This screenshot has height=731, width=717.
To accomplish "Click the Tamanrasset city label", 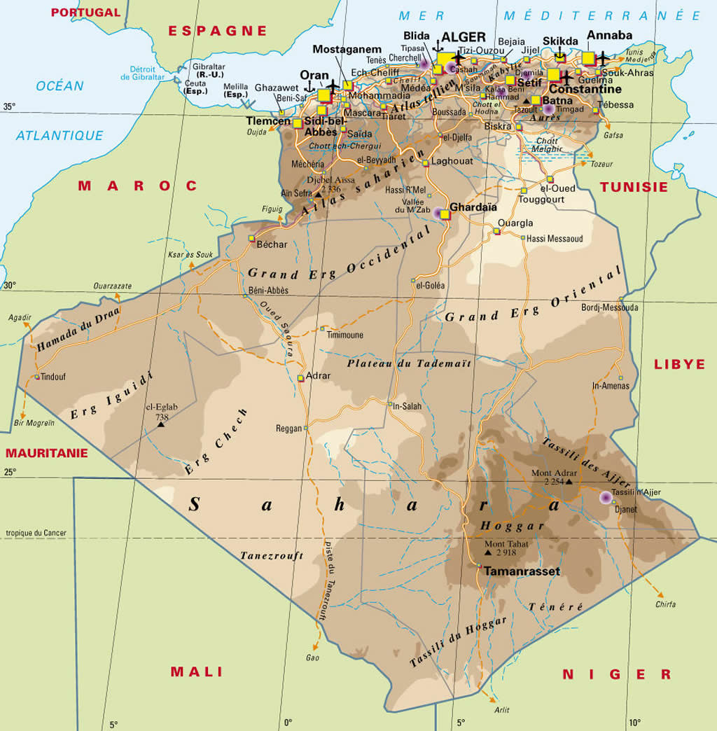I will point(522,571).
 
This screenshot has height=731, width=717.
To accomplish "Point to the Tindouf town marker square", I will point(37,377).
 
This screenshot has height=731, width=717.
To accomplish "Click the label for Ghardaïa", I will point(473,207).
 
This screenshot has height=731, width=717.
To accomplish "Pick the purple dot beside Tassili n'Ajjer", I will point(606,497).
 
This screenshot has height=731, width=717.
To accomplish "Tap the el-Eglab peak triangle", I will point(161,424).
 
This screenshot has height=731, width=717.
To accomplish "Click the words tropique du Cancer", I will point(36,533).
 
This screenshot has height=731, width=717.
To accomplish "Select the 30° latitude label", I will point(9,286).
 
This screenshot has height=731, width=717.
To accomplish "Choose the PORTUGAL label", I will point(86,12).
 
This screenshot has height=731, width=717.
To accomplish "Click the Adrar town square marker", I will point(300,378).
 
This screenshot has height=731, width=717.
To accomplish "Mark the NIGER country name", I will point(617,674).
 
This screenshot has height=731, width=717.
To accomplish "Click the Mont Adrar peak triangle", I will point(569,482).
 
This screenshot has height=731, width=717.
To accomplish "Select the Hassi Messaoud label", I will point(555,239).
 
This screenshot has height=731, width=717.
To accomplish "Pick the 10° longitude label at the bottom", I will point(634,723).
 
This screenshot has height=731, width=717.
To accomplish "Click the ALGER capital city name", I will point(463,37).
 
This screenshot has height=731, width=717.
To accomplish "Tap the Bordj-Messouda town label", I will point(609,307).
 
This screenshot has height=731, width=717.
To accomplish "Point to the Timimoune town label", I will point(345,335).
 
